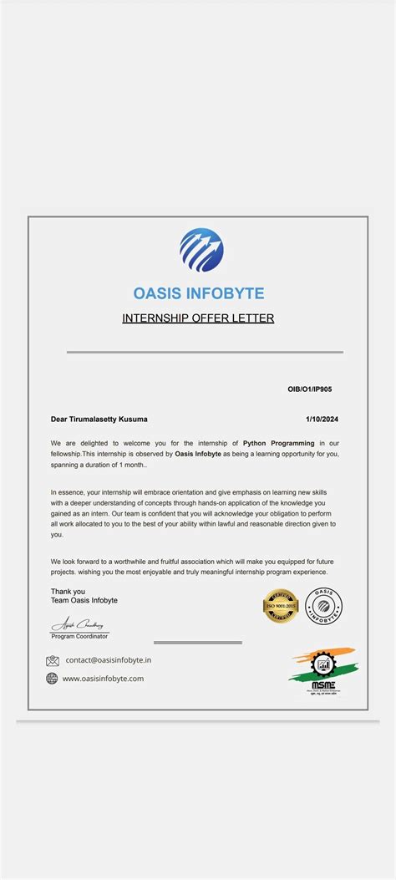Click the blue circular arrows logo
click(201, 251)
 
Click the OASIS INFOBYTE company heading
click(199, 293)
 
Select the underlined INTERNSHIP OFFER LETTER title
click(198, 318)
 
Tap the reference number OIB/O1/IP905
click(314, 389)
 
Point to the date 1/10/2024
click(322, 419)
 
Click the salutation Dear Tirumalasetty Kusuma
click(99, 419)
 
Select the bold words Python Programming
click(279, 443)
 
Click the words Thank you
click(68, 592)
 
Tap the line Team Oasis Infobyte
click(84, 601)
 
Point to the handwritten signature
click(76, 623)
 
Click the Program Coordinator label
click(79, 637)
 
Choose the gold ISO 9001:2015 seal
click(281, 606)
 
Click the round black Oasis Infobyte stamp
click(323, 606)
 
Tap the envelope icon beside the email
click(53, 660)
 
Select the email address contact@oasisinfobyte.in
click(109, 660)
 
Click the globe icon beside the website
click(53, 679)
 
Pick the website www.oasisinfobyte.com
click(104, 679)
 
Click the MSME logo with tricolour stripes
click(322, 672)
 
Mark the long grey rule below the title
click(205, 352)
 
